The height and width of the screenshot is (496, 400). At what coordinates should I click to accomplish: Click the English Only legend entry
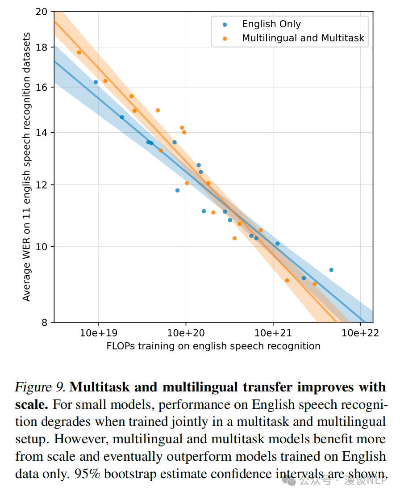(271, 24)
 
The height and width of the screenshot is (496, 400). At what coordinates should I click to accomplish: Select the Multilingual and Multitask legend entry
(303, 38)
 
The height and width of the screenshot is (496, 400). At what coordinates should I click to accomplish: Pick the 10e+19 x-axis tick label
(98, 333)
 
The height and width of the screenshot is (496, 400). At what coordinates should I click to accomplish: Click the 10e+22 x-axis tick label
(360, 333)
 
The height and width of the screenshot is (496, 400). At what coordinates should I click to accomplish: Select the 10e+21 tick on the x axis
(273, 333)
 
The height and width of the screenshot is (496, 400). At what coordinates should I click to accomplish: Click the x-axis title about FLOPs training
(213, 346)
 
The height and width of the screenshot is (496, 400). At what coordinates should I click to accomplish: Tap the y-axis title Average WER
(27, 166)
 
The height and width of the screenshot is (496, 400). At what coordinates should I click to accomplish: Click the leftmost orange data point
(79, 52)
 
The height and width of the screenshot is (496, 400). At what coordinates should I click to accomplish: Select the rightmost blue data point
(331, 270)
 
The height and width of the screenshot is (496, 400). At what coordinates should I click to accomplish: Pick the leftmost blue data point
(96, 82)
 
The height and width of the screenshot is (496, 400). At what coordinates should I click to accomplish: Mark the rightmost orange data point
(315, 284)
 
